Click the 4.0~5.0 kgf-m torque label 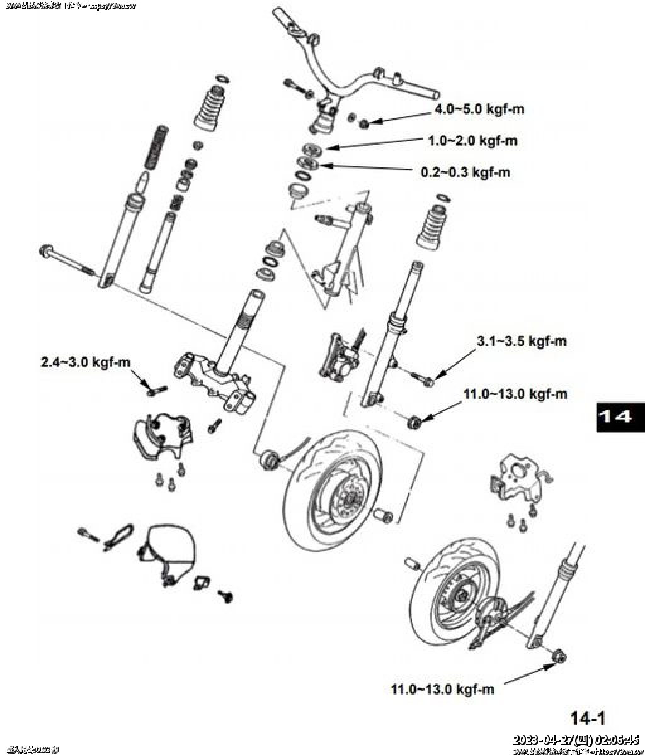[x=479, y=109]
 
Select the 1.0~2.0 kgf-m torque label [x=472, y=140]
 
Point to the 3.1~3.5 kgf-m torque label [x=522, y=342]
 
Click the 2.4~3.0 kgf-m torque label [x=86, y=362]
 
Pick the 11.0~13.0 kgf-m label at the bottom [x=442, y=689]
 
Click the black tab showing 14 [x=620, y=417]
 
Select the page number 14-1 [x=587, y=718]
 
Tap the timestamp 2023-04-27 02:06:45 [x=576, y=740]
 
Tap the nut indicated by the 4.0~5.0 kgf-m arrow [x=365, y=123]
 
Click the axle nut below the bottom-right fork [x=559, y=656]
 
